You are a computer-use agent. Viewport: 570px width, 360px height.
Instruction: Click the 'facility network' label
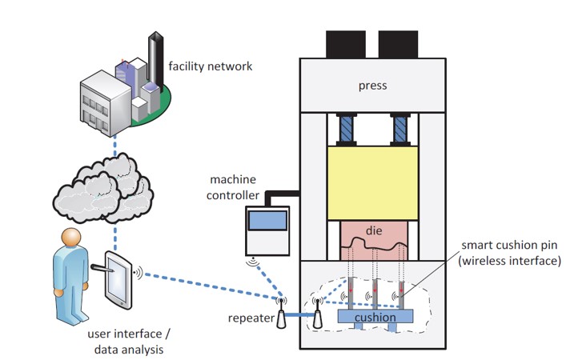(210, 66)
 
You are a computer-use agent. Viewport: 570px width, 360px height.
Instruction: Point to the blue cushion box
(376, 318)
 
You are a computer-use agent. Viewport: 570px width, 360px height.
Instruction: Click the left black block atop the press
(346, 43)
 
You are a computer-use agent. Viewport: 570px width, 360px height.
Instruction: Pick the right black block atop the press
(398, 43)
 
